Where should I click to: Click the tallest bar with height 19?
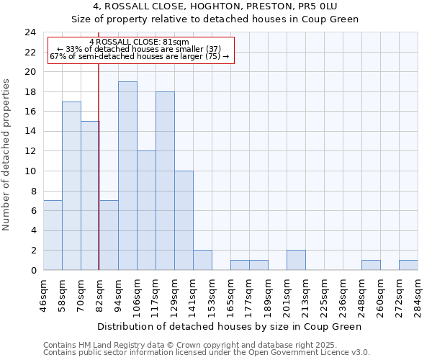coord(127,176)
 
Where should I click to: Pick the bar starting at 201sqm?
coord(296,260)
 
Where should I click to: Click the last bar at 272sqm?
coord(408,265)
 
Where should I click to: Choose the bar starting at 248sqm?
coord(371,265)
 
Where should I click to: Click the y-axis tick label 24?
coord(30,32)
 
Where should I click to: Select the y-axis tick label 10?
coord(30,171)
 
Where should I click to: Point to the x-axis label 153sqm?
coord(212,296)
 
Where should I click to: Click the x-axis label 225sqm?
coord(325,296)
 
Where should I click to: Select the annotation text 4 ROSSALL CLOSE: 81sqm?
coord(140,42)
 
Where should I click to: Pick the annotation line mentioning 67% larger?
coord(140,56)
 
